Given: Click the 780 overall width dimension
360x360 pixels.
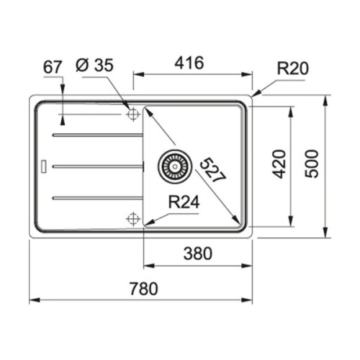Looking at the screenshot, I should click(x=141, y=288).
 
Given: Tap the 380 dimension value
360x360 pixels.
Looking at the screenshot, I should click(x=198, y=253).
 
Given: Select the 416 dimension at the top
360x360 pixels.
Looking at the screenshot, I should click(x=189, y=63).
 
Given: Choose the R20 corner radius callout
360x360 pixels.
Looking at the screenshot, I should click(x=292, y=69).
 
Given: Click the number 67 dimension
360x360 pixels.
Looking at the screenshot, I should click(x=53, y=66).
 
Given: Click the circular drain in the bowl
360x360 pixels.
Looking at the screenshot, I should click(x=174, y=166).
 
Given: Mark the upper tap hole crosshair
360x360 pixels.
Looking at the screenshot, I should click(x=132, y=114).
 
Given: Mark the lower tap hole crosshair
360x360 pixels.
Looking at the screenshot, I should click(x=132, y=217).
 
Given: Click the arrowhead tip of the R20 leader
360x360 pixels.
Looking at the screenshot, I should click(x=253, y=95).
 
